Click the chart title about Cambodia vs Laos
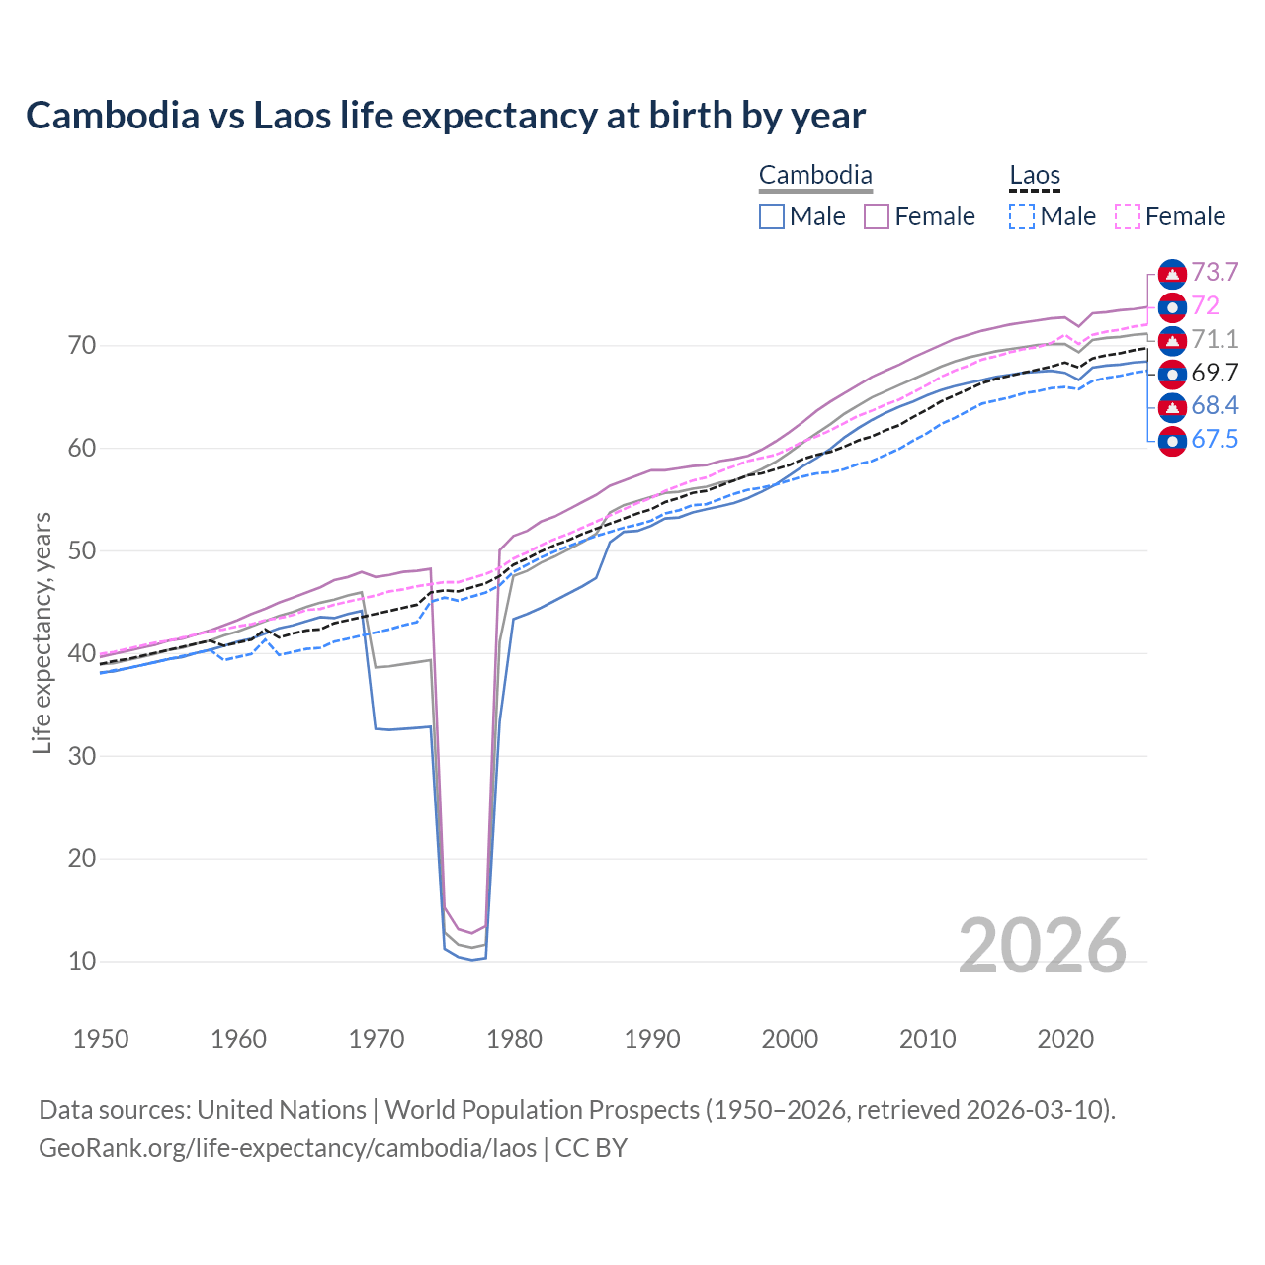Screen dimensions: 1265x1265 (x=446, y=116)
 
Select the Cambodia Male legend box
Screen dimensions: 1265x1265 (x=772, y=216)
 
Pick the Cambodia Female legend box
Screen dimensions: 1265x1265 (x=877, y=216)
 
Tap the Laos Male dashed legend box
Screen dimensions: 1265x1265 (x=1022, y=216)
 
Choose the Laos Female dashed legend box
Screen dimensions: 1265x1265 (x=1127, y=216)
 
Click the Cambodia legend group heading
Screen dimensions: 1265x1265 (x=815, y=176)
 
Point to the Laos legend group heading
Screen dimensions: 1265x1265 (x=1035, y=176)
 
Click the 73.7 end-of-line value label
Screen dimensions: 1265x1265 (x=1215, y=272)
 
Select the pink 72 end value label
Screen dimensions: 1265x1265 (x=1205, y=305)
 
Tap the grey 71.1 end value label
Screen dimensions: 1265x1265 (x=1215, y=339)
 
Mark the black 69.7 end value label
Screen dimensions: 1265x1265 (x=1215, y=373)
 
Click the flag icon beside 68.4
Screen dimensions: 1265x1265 (x=1172, y=406)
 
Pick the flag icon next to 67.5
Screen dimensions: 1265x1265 (x=1172, y=440)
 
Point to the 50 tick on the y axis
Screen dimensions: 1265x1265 (x=82, y=550)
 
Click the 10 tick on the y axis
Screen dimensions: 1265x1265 (x=82, y=961)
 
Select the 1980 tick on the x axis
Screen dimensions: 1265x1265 (x=514, y=1039)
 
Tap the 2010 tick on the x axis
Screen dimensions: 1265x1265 (x=927, y=1039)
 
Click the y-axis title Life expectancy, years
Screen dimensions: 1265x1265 (x=42, y=632)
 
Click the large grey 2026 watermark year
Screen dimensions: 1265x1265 (x=1043, y=946)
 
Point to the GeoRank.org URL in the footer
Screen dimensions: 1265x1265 (x=288, y=1148)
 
